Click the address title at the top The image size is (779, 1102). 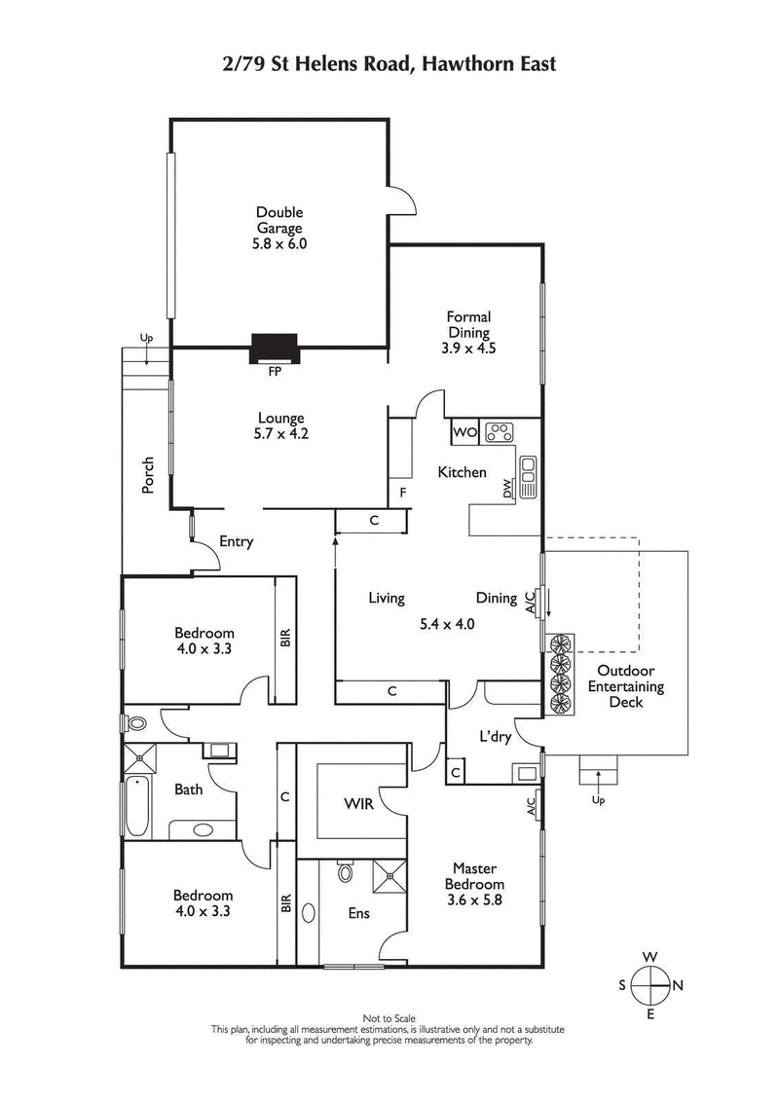[x=389, y=65]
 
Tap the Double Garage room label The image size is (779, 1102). [x=279, y=228]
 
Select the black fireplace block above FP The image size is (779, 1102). [x=276, y=348]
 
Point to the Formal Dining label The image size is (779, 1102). [x=468, y=332]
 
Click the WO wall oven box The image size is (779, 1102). [x=464, y=431]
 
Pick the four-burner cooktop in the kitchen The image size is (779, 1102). [x=500, y=431]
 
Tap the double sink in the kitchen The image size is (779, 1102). [x=529, y=476]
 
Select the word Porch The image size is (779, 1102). [x=148, y=474]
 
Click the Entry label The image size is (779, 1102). [x=236, y=541]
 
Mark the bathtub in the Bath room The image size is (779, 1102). [x=137, y=805]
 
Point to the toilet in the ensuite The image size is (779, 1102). [x=345, y=872]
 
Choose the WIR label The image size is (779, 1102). [x=358, y=806]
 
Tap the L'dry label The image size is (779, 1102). [x=496, y=737]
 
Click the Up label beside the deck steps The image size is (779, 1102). [x=598, y=801]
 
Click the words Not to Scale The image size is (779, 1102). [x=389, y=1017]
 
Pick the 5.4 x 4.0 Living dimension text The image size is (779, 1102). [x=447, y=624]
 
